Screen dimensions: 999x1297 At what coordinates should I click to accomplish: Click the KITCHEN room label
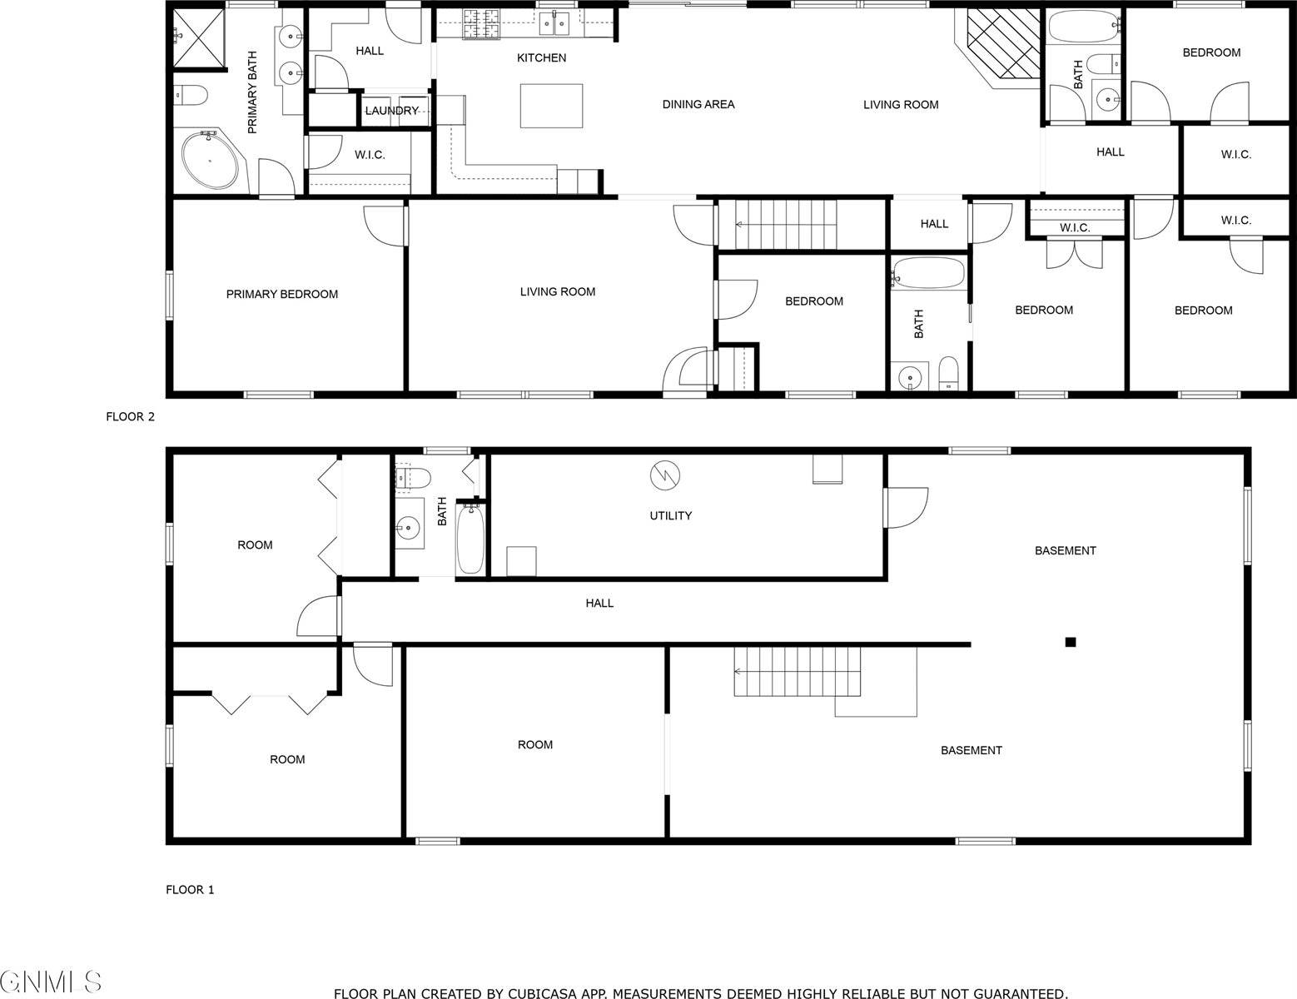pos(541,57)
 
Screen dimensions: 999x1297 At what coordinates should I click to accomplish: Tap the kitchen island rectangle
pos(551,106)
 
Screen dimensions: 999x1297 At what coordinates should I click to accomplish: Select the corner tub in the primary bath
pos(209,160)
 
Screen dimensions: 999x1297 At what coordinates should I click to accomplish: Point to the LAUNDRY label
pos(391,111)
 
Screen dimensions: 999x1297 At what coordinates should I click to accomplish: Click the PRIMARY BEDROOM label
pos(282,294)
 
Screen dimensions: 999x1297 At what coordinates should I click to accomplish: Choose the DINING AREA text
pos(698,104)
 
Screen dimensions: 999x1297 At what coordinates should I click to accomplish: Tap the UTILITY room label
pos(670,515)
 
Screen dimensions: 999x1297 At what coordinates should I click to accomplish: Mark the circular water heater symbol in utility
pos(665,475)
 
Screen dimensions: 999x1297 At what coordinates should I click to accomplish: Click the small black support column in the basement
pos(1071,642)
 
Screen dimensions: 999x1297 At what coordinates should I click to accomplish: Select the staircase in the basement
pos(797,672)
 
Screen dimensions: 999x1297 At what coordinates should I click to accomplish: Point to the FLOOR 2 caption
pos(130,417)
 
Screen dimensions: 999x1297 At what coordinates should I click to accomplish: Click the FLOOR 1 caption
pos(190,889)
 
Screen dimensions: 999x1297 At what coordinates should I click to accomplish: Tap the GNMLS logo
pos(52,982)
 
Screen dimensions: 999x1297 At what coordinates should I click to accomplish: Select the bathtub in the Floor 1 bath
pos(470,540)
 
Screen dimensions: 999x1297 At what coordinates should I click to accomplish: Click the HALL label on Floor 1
pos(599,603)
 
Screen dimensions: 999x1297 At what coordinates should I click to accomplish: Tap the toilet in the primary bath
pos(191,97)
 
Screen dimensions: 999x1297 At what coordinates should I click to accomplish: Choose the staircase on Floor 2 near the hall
pos(786,224)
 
